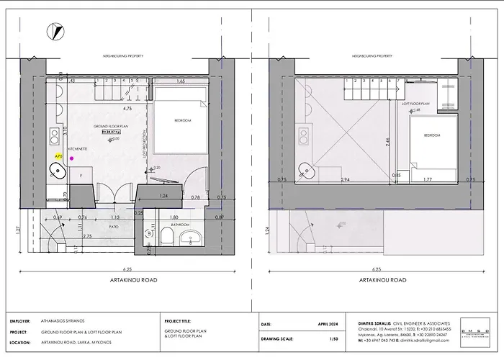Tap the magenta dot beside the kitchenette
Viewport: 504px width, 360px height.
coord(71,157)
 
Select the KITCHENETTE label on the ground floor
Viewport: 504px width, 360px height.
coord(78,148)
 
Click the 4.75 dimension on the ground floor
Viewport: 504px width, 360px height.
coord(127,109)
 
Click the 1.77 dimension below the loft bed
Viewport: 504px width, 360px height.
coord(428,179)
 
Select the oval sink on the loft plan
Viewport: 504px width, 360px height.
coord(310,171)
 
